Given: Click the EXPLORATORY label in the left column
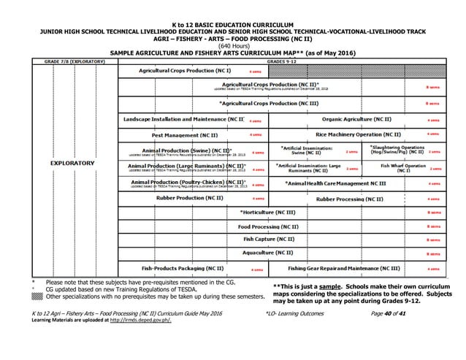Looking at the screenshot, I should [x=71, y=163].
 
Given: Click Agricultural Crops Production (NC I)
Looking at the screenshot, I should [x=186, y=72].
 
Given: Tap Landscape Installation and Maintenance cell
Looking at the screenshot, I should [x=184, y=118].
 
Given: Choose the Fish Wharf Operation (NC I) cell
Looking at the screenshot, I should [x=402, y=167].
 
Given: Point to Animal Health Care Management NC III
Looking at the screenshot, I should [x=335, y=183].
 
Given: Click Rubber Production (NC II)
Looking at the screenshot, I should [x=190, y=198].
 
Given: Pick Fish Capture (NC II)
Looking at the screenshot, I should [x=269, y=240].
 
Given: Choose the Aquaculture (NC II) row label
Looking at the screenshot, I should [x=269, y=253].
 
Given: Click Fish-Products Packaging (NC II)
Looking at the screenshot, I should [x=183, y=268].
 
